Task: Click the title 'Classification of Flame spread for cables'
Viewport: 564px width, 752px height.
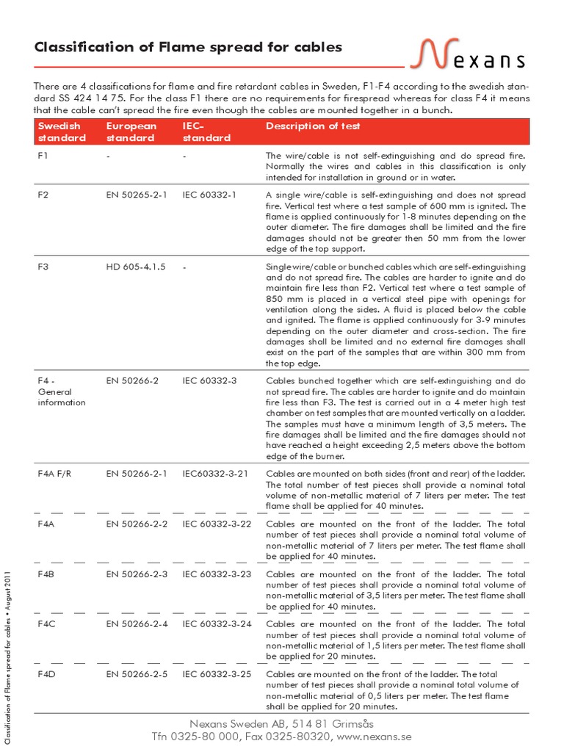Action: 189,48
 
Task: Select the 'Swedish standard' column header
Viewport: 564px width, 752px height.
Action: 62,132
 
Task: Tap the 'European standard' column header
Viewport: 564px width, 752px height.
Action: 131,132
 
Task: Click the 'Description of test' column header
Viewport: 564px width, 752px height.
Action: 313,126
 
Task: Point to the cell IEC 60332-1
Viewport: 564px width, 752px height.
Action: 209,195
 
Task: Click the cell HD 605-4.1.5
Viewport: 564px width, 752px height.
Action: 136,267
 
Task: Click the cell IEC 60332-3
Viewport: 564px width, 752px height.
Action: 209,382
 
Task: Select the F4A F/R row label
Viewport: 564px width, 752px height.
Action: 56,474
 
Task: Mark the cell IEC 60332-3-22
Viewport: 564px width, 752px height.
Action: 217,524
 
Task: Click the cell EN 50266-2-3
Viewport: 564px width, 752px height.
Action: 137,574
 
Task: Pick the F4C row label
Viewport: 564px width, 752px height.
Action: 46,624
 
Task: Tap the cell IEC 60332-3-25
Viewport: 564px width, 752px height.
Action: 217,674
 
